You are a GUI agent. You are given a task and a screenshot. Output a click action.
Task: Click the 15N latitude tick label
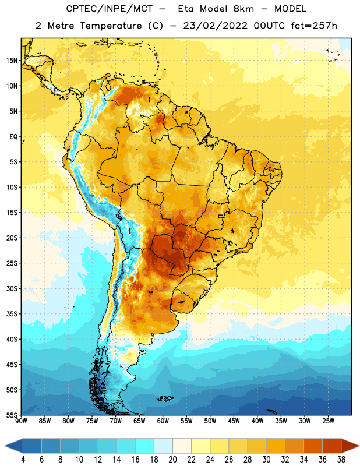click(12, 61)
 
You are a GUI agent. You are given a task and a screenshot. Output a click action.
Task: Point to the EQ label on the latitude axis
click(13, 137)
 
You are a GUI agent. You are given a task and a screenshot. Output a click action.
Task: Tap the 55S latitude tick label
click(12, 415)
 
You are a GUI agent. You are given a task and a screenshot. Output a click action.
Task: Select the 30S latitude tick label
click(12, 288)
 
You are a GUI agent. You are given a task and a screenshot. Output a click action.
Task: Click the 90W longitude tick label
click(21, 421)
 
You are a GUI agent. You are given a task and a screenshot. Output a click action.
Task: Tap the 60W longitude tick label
click(163, 421)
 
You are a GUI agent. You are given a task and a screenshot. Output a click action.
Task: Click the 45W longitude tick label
click(234, 421)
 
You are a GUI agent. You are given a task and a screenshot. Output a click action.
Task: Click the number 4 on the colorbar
click(23, 460)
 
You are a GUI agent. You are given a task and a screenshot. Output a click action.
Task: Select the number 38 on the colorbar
click(341, 460)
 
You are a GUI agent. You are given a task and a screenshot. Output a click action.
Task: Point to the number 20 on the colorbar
click(172, 460)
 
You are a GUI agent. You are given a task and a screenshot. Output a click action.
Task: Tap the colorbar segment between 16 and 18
click(145, 446)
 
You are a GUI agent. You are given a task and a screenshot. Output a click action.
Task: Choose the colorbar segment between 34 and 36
click(313, 446)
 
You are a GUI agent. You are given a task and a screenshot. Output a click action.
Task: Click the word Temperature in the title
click(111, 26)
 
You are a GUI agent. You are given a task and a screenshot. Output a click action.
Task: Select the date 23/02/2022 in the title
click(215, 26)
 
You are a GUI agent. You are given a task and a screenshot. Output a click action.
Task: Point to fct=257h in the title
click(314, 26)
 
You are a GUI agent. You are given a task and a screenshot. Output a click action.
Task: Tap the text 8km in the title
click(243, 9)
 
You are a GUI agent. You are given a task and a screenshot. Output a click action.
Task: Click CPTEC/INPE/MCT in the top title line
click(109, 9)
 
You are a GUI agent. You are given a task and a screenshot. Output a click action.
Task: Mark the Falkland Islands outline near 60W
click(165, 398)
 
